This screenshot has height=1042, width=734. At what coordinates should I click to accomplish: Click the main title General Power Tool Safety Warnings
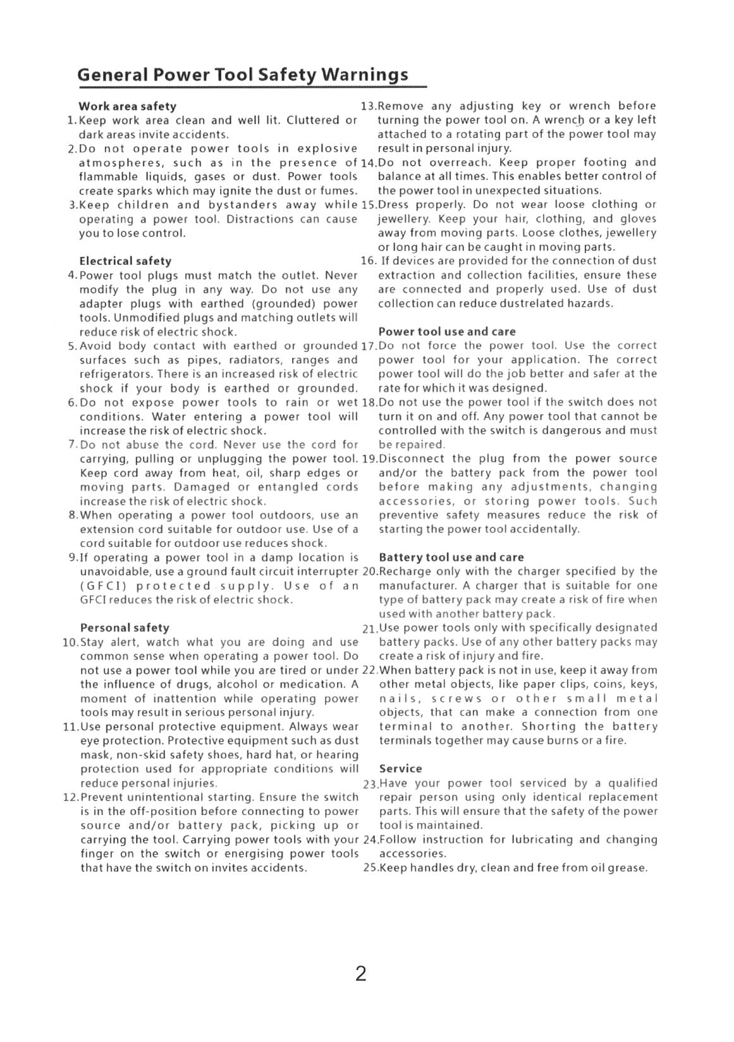[x=243, y=75]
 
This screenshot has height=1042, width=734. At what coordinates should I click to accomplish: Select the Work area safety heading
[x=127, y=106]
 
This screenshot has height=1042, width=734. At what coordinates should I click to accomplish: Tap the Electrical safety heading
[x=125, y=261]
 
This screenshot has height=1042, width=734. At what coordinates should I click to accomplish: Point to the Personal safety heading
[x=125, y=628]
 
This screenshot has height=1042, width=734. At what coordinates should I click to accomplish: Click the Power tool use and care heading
[x=447, y=331]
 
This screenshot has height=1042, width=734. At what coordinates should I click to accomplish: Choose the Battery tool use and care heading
[x=451, y=557]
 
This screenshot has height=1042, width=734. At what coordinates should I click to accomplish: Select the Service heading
[x=400, y=769]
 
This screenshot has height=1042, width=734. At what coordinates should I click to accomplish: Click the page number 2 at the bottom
[x=360, y=973]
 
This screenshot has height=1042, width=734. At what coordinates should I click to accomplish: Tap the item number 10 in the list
[x=70, y=643]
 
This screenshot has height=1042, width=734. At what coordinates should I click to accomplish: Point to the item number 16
[x=368, y=261]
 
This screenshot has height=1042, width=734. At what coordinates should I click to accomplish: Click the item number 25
[x=370, y=868]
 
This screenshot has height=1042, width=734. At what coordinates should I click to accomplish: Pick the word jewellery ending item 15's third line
[x=630, y=233]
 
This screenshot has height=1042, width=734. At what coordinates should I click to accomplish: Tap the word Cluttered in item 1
[x=313, y=120]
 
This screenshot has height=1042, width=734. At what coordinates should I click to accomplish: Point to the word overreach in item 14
[x=462, y=162]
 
